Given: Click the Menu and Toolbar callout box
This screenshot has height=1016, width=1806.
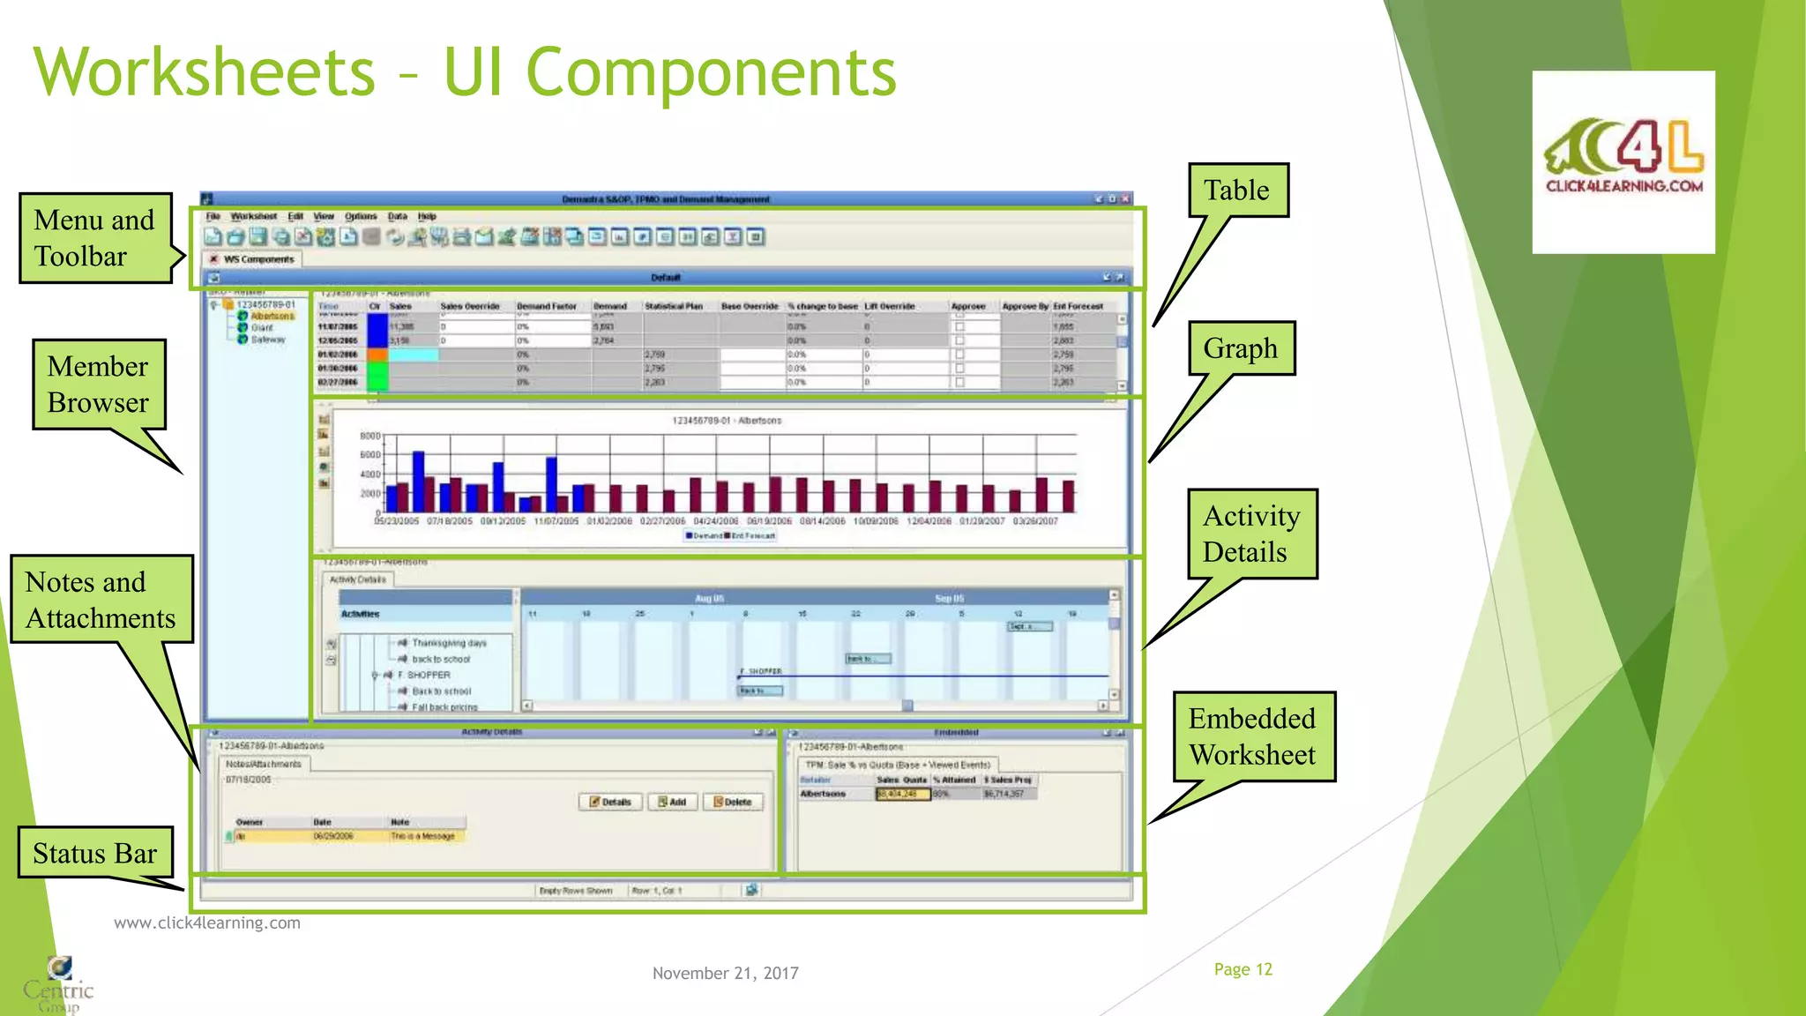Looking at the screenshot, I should coord(95,238).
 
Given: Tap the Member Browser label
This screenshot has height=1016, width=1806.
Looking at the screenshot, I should coord(99,385).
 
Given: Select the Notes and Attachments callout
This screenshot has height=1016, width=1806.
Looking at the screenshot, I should coord(101,600).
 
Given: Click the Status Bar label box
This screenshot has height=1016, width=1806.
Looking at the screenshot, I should coord(94,853).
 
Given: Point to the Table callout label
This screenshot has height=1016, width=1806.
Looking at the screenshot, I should coord(1237,190).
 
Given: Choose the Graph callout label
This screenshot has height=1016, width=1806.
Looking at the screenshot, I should coord(1241,348).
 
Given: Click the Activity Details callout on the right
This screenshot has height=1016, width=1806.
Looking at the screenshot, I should coord(1250,534).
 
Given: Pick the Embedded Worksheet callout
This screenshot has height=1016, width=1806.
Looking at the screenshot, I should coord(1252,736).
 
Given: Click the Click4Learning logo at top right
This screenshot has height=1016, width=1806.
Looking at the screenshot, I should coord(1623,161).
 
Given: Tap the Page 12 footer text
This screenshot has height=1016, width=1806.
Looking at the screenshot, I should coord(1243,969).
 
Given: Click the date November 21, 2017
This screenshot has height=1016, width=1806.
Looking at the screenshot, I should coord(725,973).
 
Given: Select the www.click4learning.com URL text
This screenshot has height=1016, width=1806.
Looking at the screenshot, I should coord(207,923).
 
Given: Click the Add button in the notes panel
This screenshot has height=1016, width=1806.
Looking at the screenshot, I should coord(672,802).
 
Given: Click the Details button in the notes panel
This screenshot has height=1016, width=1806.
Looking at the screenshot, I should coord(610,802).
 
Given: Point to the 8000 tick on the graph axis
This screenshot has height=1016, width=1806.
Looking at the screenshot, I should coord(369,436).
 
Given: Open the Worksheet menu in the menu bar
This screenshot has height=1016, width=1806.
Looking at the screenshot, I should coord(253,216).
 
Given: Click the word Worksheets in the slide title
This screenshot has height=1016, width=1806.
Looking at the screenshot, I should coord(205,72).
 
